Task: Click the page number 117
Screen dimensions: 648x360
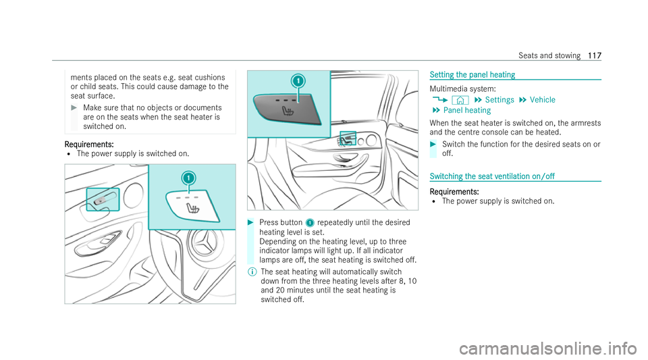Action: [595, 55]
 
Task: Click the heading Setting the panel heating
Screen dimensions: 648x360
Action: [473, 75]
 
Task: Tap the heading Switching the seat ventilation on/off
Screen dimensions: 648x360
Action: [492, 176]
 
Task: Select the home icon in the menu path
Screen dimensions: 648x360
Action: [460, 100]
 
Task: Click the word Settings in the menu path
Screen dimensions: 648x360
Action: [500, 100]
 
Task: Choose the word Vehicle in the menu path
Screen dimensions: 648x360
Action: [543, 100]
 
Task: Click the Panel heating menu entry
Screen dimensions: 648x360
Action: [467, 110]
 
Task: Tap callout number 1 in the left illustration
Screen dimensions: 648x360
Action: [188, 178]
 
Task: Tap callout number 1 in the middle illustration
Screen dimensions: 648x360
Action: [298, 81]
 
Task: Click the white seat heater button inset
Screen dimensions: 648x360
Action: [192, 206]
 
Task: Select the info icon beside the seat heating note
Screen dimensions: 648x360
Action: [252, 272]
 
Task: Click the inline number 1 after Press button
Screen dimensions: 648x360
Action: [310, 223]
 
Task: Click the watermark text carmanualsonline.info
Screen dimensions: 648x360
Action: [548, 349]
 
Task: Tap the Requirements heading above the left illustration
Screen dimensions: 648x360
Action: [89, 145]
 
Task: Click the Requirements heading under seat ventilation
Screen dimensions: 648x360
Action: [454, 192]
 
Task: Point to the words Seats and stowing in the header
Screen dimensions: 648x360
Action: [549, 55]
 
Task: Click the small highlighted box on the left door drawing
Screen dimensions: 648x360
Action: [103, 200]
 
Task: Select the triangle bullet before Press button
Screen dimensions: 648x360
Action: [250, 223]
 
